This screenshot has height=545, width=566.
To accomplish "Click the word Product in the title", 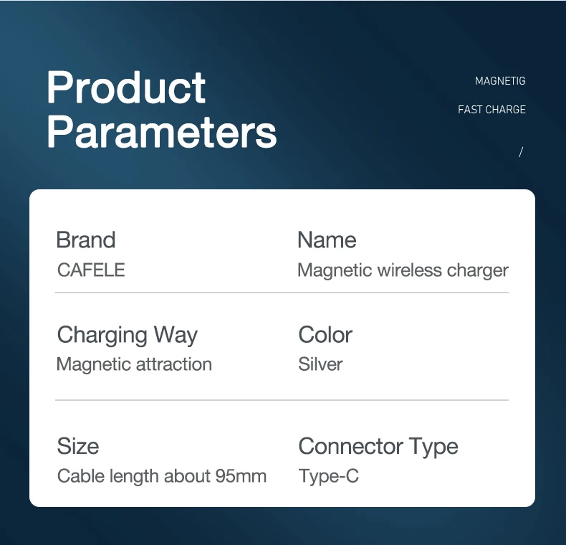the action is (x=126, y=87).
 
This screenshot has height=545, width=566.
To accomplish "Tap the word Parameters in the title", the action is (x=162, y=133).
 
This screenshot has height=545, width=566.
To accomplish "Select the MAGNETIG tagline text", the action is (x=500, y=81).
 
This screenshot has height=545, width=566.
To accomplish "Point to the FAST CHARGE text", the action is (x=491, y=110).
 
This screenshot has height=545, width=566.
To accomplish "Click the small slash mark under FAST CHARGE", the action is (x=521, y=152).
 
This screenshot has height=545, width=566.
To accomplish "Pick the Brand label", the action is (x=86, y=240).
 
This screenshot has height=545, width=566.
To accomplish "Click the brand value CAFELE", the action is (x=91, y=270).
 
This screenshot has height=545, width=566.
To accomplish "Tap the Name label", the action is (x=327, y=240).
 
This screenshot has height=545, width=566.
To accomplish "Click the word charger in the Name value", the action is (x=478, y=271).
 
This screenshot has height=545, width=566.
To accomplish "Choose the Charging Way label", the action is (x=128, y=335).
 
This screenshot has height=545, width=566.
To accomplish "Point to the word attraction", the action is (x=174, y=364).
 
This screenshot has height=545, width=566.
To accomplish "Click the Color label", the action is (x=325, y=335).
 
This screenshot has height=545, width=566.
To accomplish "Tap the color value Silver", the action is (x=320, y=364).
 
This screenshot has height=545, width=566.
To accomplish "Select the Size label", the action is (x=78, y=446).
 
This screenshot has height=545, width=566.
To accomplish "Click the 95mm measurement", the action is (x=241, y=476).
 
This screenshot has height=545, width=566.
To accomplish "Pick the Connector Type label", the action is (x=378, y=447).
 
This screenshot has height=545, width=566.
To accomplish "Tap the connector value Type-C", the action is (x=329, y=476).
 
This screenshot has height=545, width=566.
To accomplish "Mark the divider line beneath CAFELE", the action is (x=282, y=293).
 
